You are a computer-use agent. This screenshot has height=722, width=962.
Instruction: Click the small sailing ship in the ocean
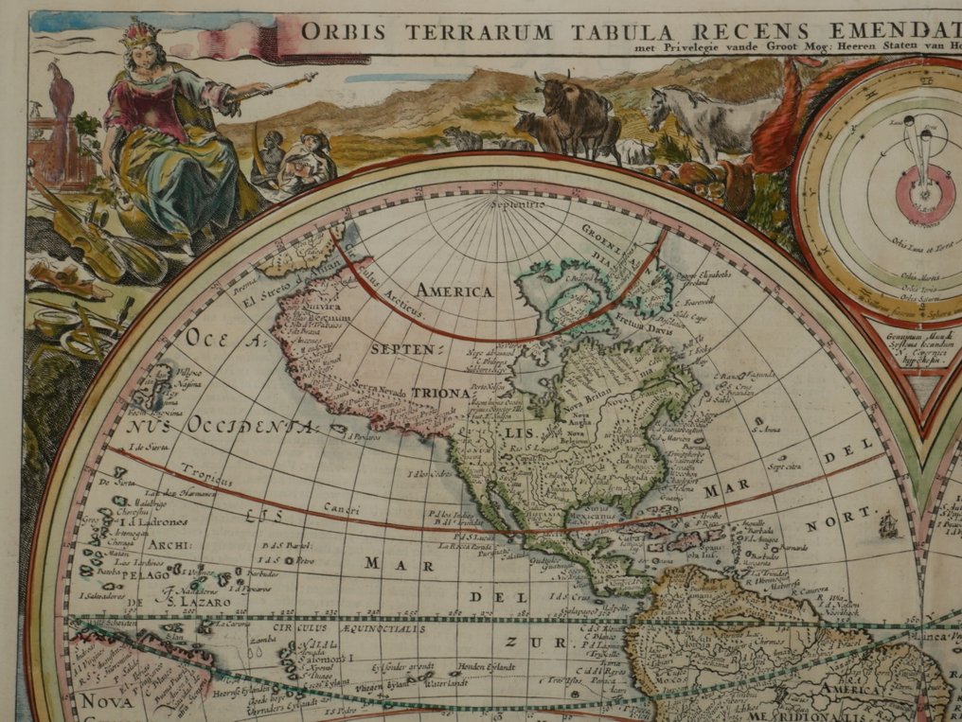(888, 524)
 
